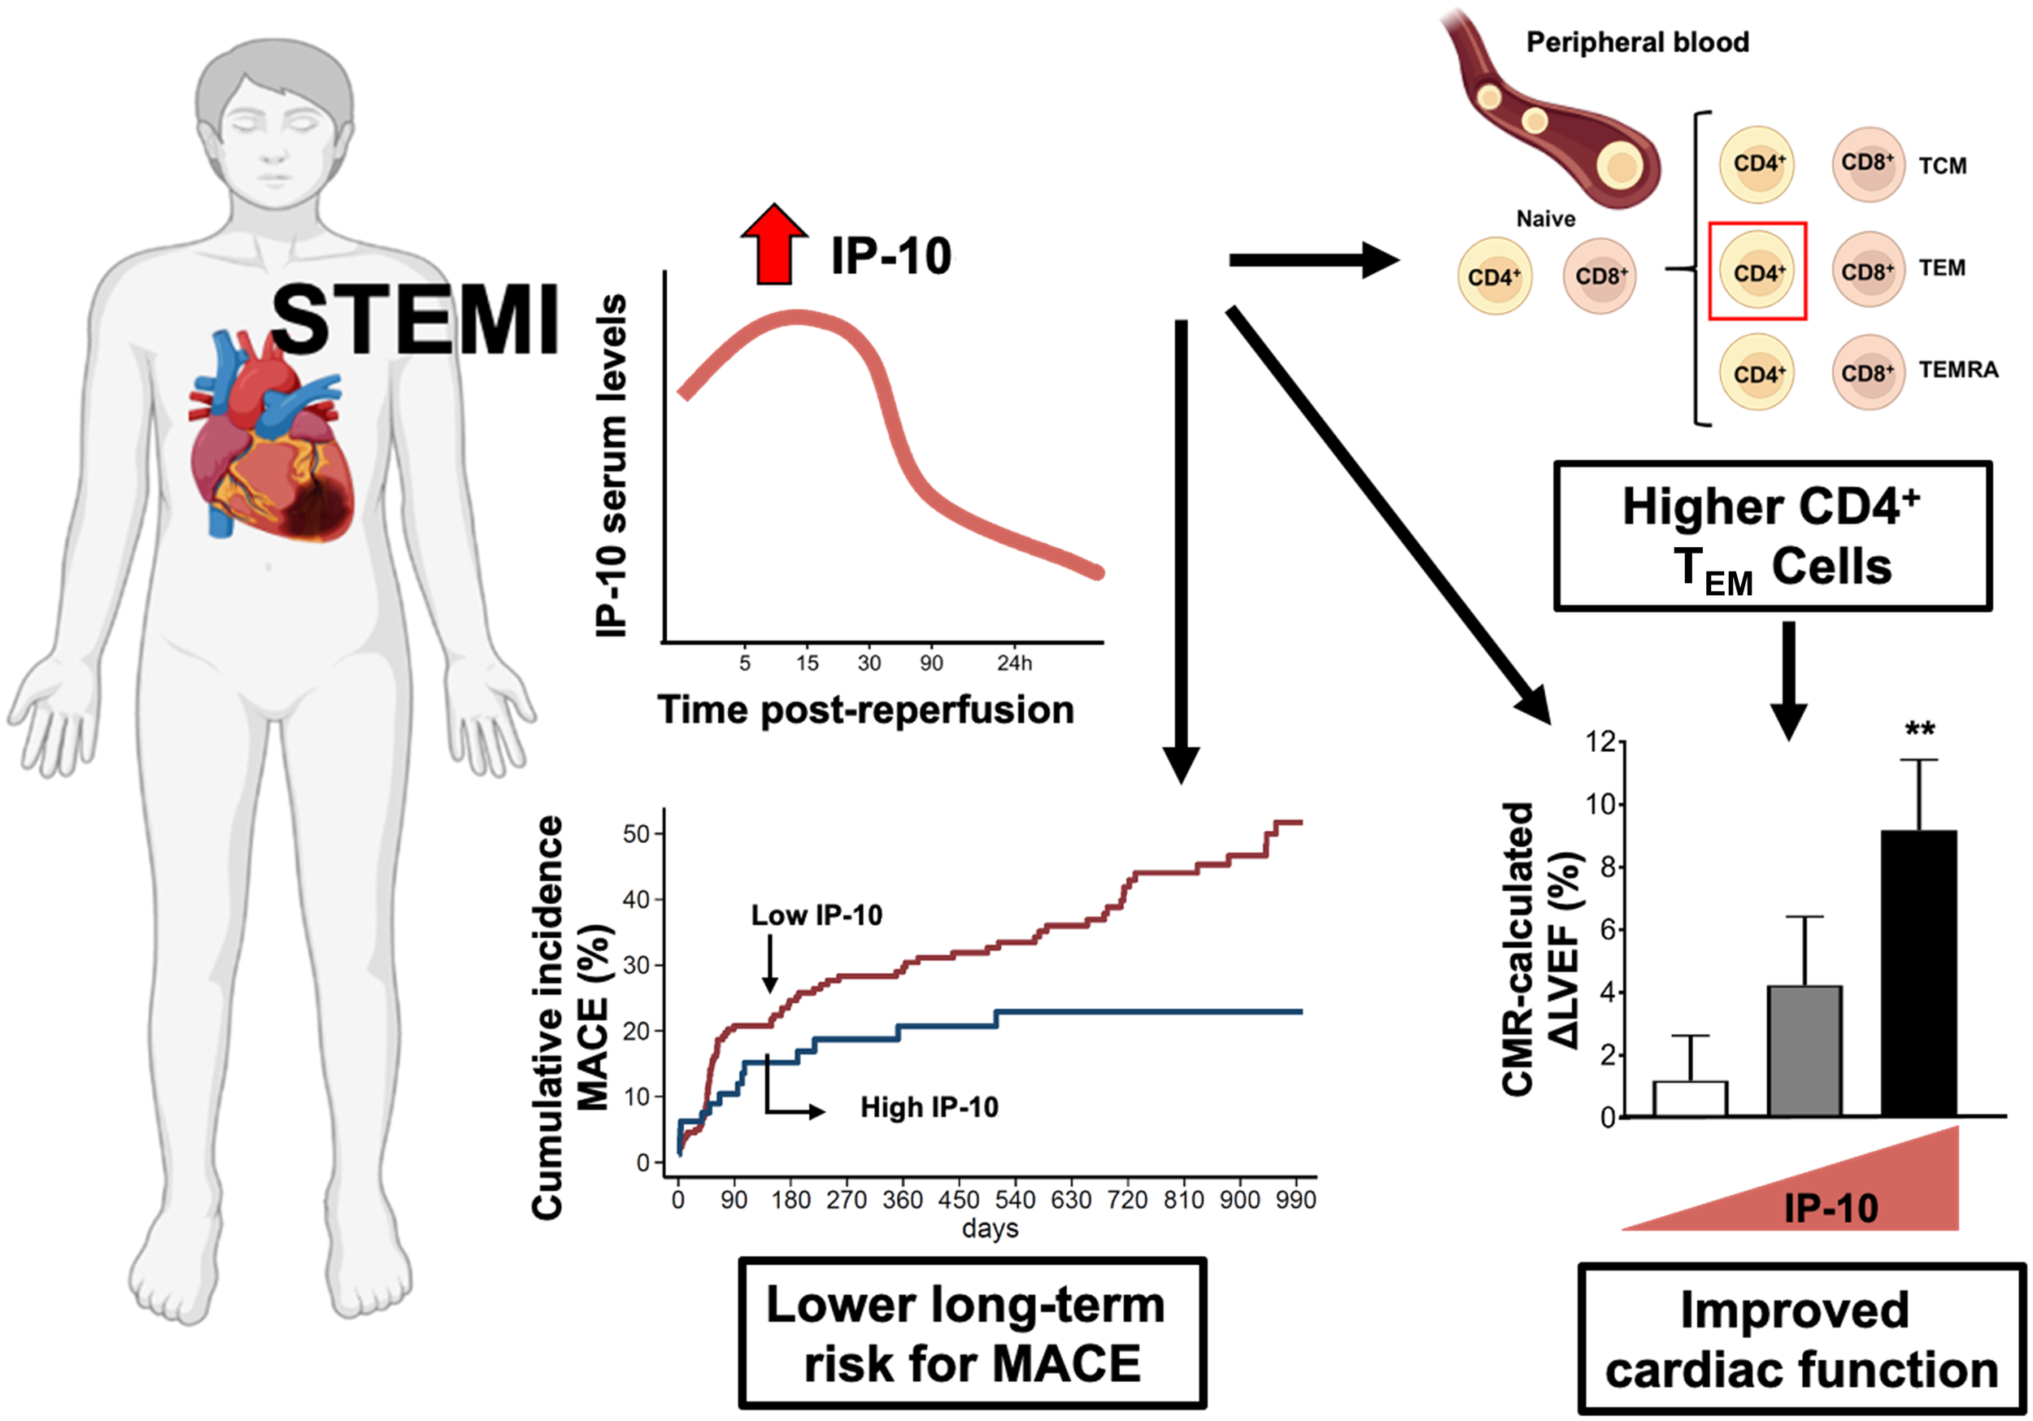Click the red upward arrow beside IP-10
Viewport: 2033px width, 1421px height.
[x=774, y=246]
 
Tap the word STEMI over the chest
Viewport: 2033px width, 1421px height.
[x=415, y=319]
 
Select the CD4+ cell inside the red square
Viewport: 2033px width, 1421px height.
[x=1757, y=271]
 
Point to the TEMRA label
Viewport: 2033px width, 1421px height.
[x=1957, y=369]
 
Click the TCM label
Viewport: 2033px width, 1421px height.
[x=1942, y=166]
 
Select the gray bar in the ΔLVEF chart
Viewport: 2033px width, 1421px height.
[x=1804, y=1050]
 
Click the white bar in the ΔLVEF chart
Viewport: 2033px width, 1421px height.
[x=1690, y=1097]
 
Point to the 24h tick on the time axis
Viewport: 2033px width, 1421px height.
[x=1014, y=663]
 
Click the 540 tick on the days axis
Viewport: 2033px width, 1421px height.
[x=1015, y=1200]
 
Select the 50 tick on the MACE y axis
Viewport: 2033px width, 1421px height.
[x=637, y=833]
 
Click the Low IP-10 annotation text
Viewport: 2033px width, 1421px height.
[x=816, y=915]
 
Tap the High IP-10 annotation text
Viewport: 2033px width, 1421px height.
[x=929, y=1106]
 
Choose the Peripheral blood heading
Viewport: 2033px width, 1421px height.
[x=1637, y=41]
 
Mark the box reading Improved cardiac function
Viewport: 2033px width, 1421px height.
[x=1801, y=1339]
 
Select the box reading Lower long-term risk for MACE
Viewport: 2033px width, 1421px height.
[x=973, y=1332]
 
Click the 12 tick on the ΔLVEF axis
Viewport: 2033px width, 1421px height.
[x=1600, y=742]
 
